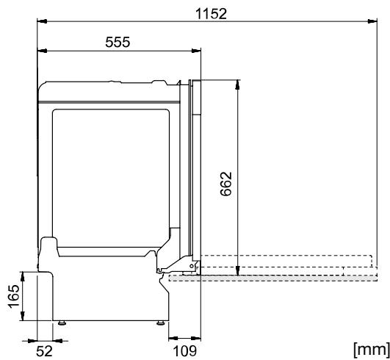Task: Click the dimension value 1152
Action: point(211,13)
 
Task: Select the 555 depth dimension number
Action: point(117,42)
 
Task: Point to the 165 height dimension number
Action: point(12,296)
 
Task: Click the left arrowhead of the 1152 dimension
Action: point(41,23)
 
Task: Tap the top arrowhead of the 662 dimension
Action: point(236,82)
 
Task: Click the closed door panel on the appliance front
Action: point(195,169)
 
